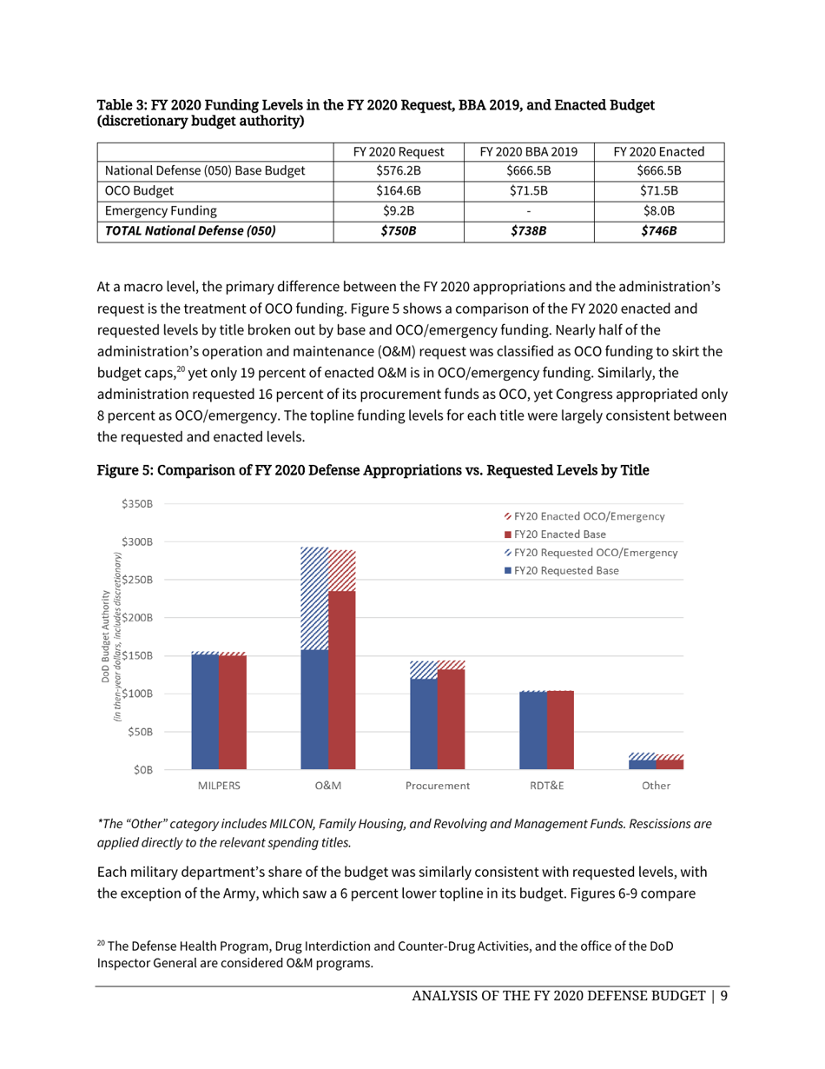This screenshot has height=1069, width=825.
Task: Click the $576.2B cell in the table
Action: coord(399,171)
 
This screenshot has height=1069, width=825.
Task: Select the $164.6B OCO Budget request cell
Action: coord(399,190)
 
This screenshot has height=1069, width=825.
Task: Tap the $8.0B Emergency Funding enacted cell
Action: coord(658,209)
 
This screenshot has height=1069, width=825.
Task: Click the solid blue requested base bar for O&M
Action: coord(314,709)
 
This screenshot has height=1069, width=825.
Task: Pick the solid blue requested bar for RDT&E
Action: coord(532,731)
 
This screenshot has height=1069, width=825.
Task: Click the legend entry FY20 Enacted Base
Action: coord(559,534)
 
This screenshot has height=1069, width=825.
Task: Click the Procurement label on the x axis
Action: coord(437,786)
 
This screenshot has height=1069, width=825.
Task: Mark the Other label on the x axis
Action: coord(656,786)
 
